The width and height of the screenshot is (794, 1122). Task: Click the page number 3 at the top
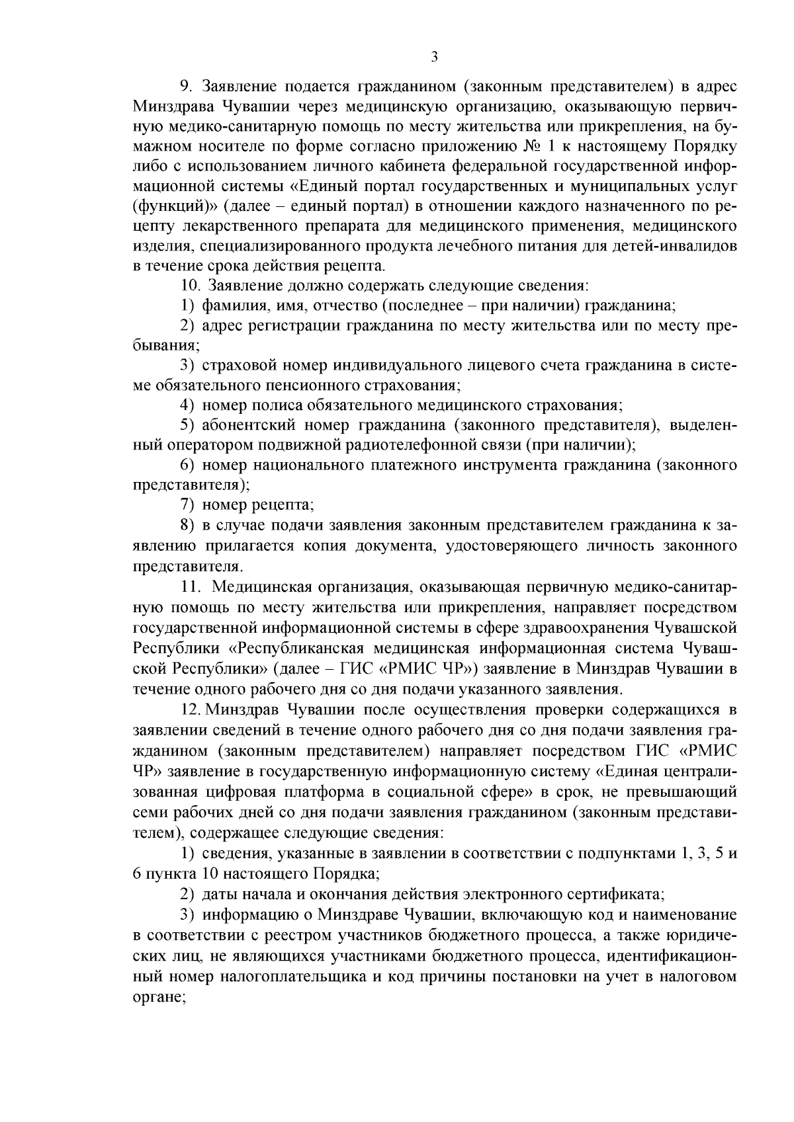tap(434, 57)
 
